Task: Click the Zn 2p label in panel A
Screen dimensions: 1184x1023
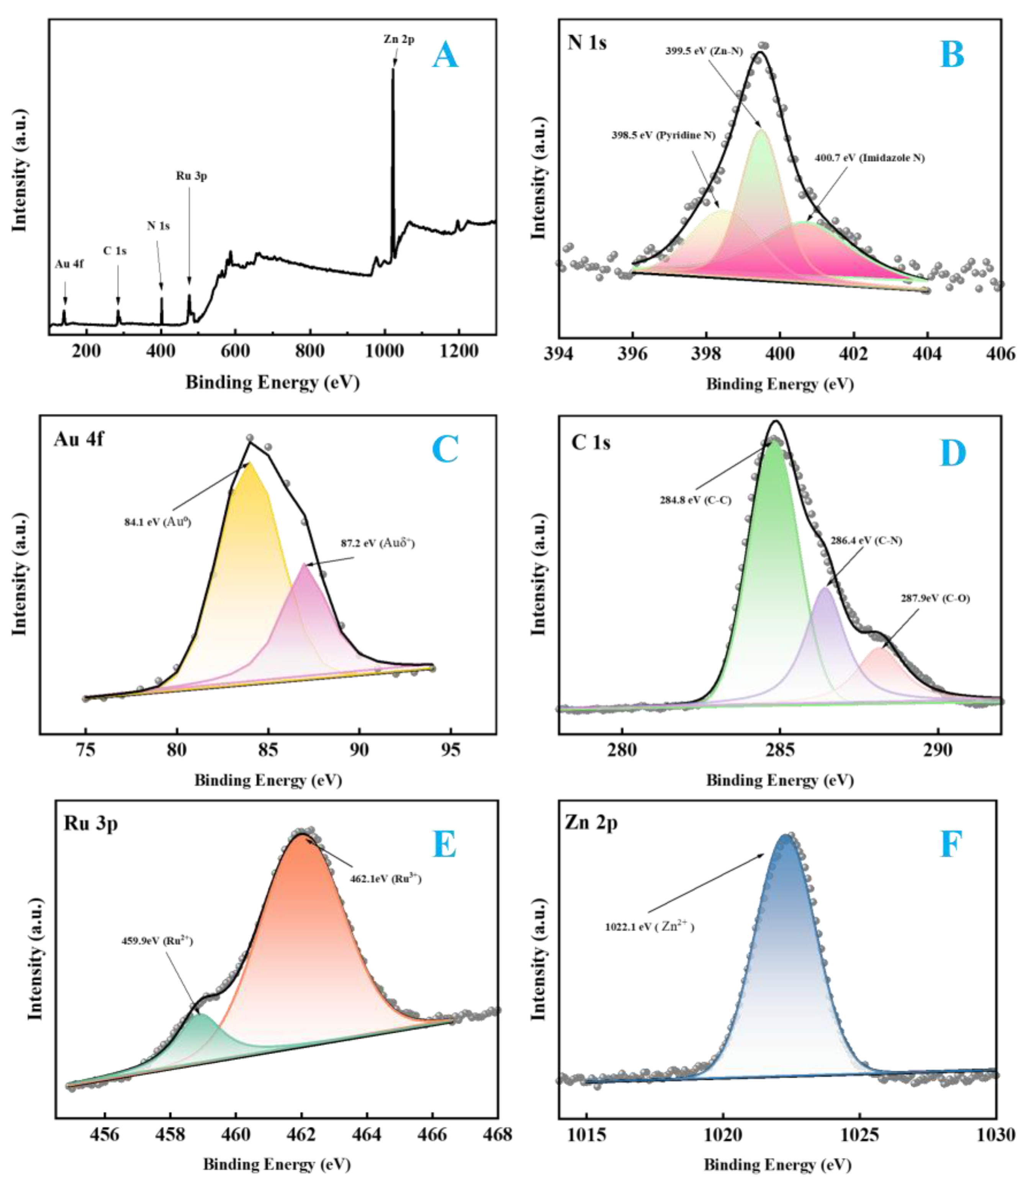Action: point(399,39)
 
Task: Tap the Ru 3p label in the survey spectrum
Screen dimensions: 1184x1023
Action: point(192,176)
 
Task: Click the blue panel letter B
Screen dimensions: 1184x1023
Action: point(952,55)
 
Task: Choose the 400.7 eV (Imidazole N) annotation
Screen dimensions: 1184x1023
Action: point(869,158)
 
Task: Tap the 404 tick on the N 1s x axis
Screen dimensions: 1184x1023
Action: point(928,354)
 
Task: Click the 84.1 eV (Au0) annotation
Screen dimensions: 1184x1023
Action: point(157,522)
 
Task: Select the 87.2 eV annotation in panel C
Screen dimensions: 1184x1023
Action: point(378,543)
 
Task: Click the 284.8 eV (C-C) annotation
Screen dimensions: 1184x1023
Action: point(695,500)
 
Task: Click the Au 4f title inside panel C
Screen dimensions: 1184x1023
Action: point(79,439)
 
